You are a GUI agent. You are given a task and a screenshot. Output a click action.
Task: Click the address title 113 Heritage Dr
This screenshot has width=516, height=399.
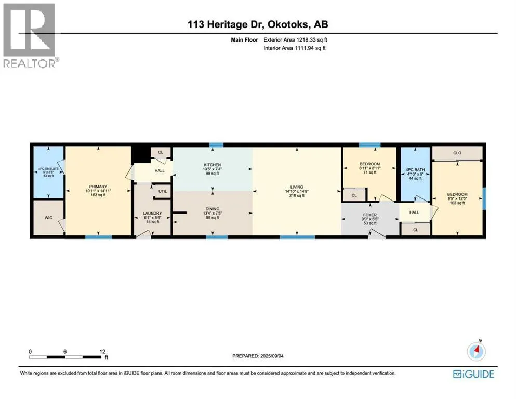click(x=258, y=24)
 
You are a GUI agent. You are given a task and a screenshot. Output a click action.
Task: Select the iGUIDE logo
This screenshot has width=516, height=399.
click(x=473, y=374)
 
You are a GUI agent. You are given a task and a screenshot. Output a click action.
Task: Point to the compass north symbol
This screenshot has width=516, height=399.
click(x=476, y=352)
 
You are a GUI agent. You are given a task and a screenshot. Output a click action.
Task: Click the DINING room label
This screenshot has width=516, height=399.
click(x=212, y=208)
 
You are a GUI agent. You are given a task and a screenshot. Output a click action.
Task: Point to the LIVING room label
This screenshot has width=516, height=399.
click(x=297, y=187)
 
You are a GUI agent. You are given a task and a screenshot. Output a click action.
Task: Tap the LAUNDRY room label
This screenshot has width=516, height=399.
click(x=153, y=214)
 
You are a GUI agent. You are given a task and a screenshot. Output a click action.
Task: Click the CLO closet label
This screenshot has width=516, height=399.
click(x=457, y=153)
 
